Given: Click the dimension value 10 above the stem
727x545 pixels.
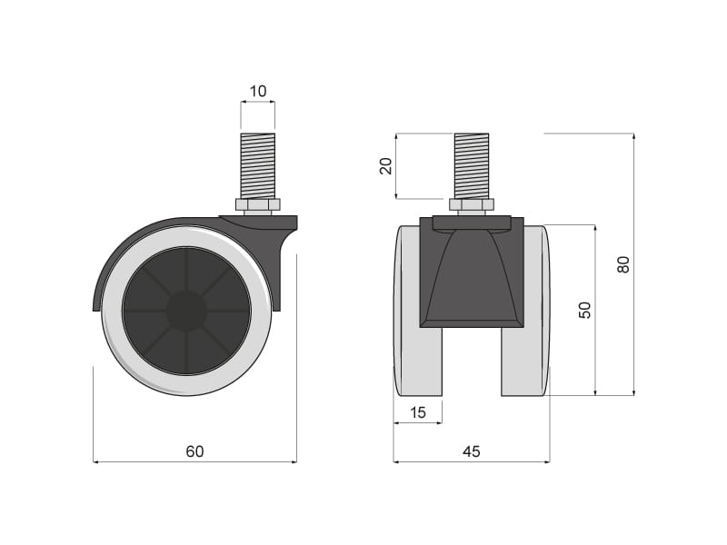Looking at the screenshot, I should tap(258, 92).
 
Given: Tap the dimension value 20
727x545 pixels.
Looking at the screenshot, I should tap(385, 165).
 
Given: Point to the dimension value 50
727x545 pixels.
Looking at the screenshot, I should tap(585, 310).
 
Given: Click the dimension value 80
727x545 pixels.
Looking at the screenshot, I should tap(623, 264).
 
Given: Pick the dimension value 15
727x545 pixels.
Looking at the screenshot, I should tap(417, 412).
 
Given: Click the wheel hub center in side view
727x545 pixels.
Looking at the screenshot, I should tap(186, 311).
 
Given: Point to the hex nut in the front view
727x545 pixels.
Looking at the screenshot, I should tap(471, 205).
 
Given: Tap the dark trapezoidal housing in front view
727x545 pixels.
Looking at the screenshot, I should tap(471, 277).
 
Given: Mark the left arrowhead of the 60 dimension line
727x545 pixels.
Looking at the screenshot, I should tap(96, 461).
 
